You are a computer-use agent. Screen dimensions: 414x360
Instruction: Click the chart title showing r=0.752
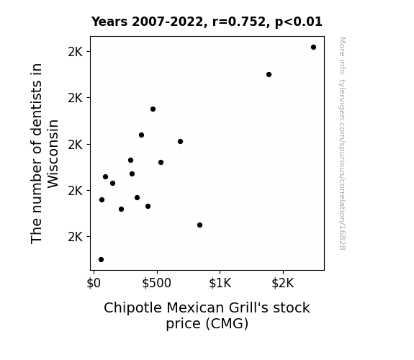(207, 22)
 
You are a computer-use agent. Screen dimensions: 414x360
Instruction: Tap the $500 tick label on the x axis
(156, 283)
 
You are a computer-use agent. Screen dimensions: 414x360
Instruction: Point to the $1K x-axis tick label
(220, 283)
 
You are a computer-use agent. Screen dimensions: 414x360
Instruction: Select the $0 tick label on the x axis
(94, 283)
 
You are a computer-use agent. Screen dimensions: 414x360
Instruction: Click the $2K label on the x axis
(283, 283)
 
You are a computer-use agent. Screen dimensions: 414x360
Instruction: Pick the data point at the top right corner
(313, 48)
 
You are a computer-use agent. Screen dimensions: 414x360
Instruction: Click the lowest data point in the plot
(101, 260)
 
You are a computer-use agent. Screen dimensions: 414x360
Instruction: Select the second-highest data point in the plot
(269, 74)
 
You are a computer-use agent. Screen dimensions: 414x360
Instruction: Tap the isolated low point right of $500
(199, 225)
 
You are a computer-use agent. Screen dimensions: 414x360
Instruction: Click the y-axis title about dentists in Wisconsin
(45, 153)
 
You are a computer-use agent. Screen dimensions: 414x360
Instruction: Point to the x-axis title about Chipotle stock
(207, 315)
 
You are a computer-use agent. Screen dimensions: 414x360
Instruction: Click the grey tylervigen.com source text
(342, 143)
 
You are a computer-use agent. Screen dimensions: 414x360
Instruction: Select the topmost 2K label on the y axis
(76, 52)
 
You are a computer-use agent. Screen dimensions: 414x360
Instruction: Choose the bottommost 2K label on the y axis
(76, 237)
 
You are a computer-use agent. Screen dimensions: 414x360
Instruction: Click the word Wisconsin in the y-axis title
(53, 154)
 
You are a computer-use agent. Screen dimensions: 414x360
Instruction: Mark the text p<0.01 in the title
(299, 22)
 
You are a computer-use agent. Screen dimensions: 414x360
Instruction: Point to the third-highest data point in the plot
(153, 109)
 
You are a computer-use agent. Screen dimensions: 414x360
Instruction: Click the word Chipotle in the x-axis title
(132, 308)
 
